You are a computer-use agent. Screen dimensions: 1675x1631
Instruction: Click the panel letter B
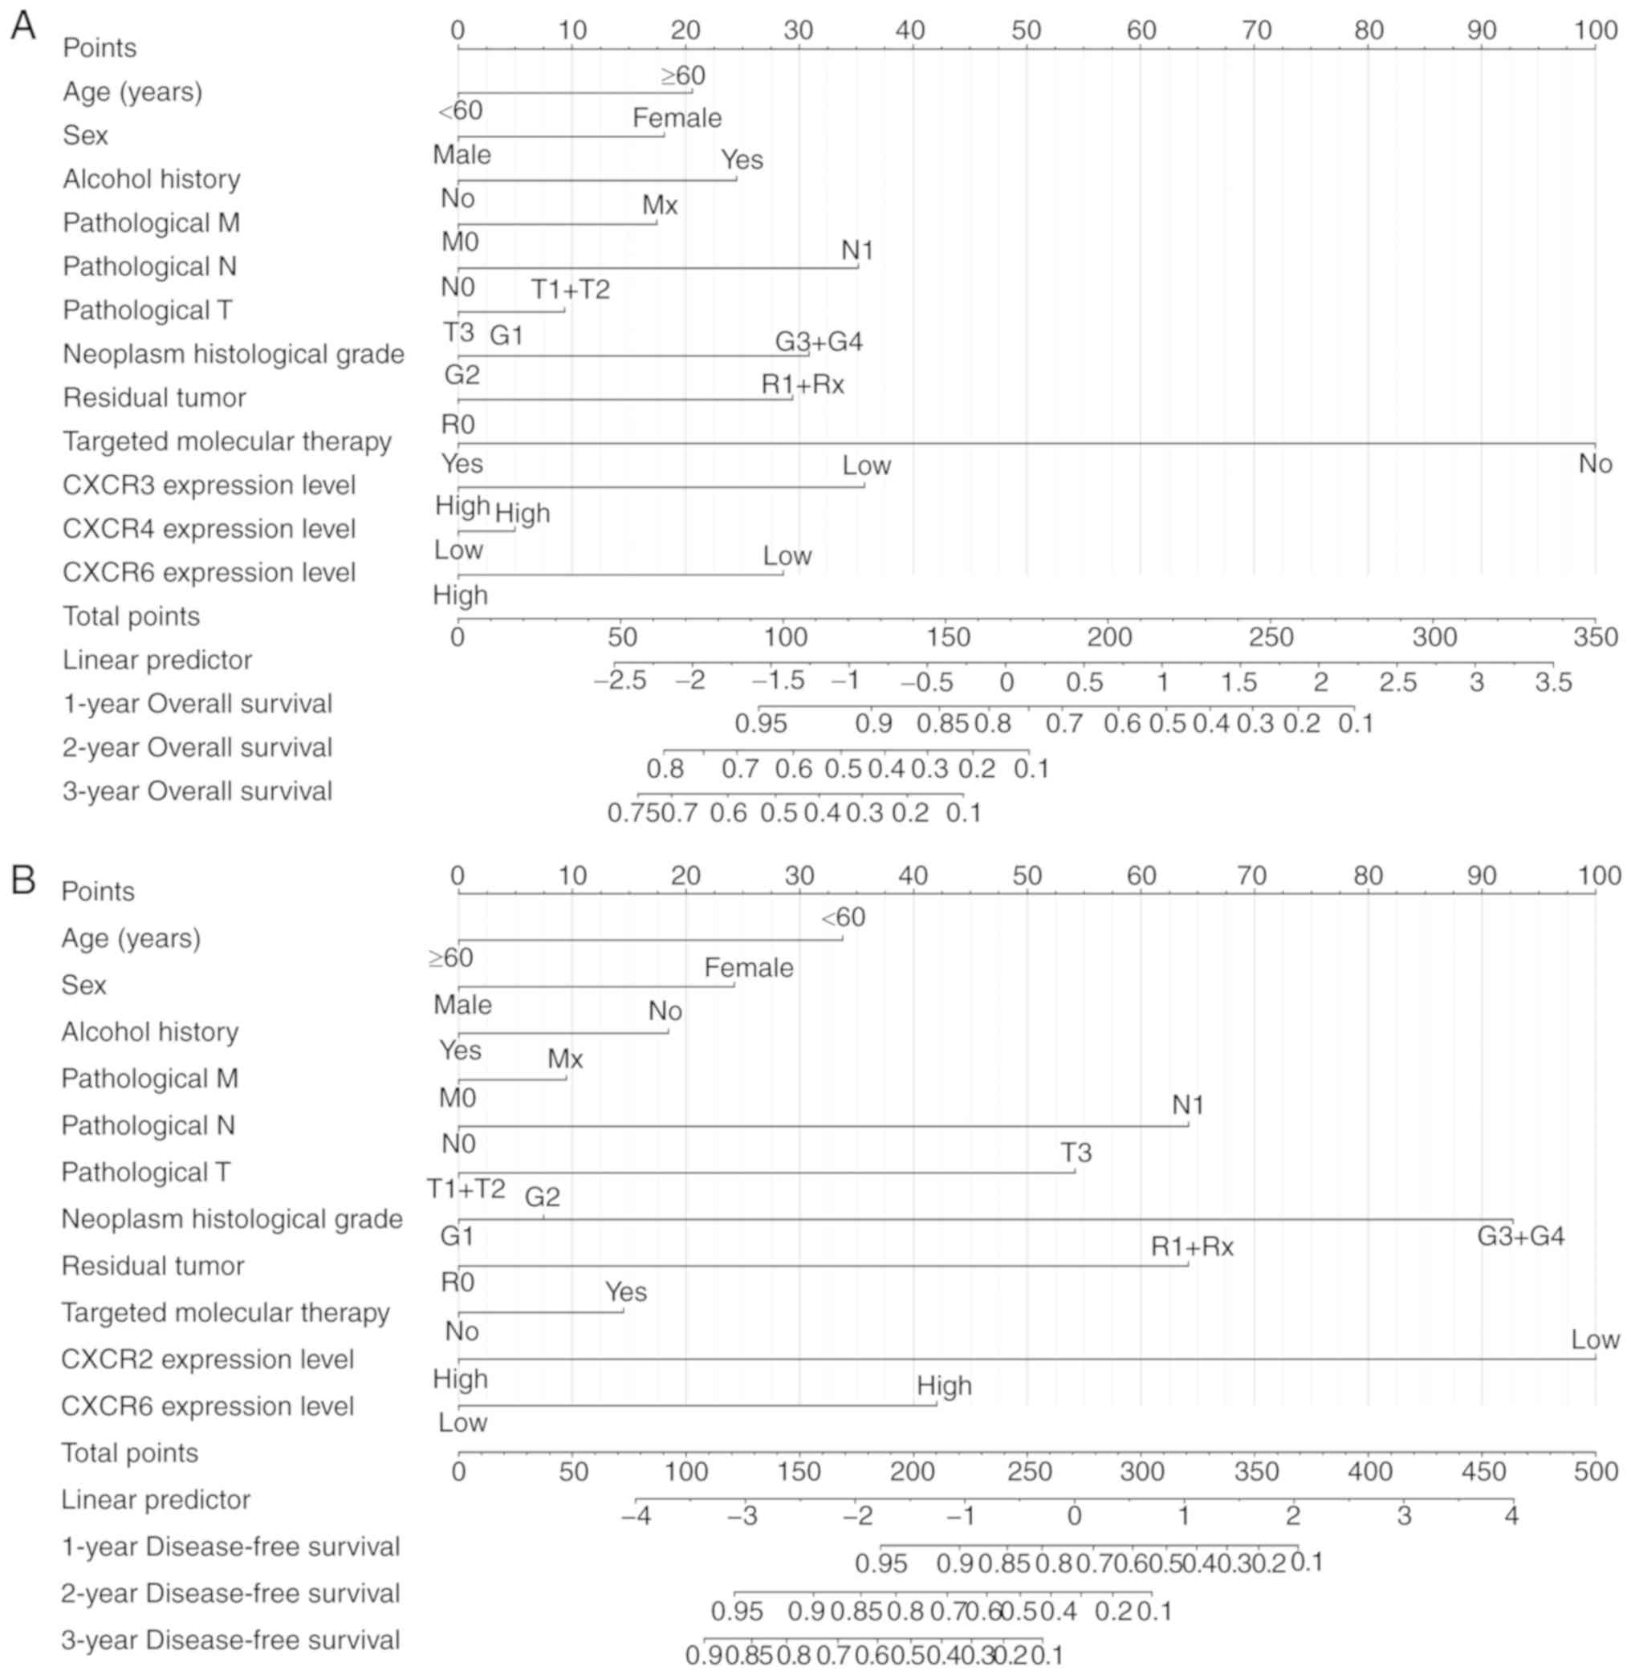(x=22, y=880)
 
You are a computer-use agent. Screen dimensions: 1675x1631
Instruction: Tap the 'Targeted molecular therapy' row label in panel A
(x=227, y=442)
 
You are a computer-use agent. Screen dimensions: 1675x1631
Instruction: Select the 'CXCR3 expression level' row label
(x=209, y=486)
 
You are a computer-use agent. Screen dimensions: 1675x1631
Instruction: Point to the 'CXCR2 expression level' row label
(x=207, y=1359)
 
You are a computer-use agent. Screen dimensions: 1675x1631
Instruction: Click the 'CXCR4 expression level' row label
(x=209, y=529)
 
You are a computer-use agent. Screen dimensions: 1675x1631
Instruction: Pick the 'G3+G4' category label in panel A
(x=818, y=343)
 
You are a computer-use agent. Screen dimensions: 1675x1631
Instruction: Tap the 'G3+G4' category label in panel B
(x=1520, y=1237)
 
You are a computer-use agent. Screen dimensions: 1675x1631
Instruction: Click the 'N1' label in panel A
(x=856, y=251)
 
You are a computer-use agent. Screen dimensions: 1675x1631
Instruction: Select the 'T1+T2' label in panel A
(x=571, y=291)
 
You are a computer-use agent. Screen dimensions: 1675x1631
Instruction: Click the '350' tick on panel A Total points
(x=1595, y=637)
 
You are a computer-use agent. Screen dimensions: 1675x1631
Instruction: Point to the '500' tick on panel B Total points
(x=1595, y=1472)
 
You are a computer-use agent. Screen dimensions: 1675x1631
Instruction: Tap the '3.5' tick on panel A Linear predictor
(x=1553, y=682)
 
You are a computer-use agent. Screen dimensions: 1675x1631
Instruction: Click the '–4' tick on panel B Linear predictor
(x=636, y=1517)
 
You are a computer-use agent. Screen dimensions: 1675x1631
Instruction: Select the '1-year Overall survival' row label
(x=197, y=704)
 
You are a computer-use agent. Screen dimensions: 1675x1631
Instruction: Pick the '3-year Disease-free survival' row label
(x=230, y=1640)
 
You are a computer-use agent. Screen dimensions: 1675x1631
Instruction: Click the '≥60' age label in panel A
(x=683, y=76)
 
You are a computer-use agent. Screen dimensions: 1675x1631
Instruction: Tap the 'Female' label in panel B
(x=748, y=968)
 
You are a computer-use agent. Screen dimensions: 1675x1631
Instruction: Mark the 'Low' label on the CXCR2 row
(x=1594, y=1340)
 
